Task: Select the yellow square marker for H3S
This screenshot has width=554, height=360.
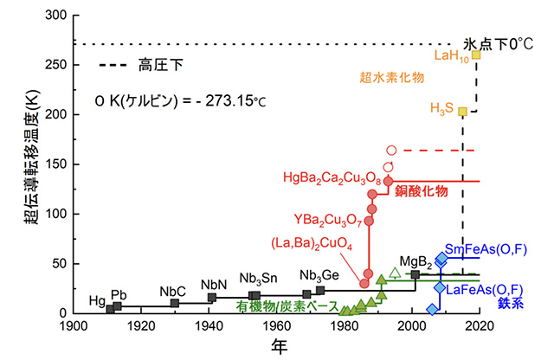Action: point(463,111)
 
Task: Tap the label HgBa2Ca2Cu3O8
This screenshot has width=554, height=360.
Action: point(332,178)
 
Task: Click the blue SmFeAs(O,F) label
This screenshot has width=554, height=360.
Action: point(486,248)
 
